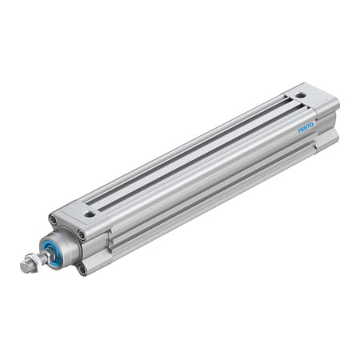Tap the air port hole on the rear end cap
pos(299,95)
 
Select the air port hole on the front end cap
pos(90,214)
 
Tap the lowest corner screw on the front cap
pos(82,269)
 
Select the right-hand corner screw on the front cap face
pos(81,234)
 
